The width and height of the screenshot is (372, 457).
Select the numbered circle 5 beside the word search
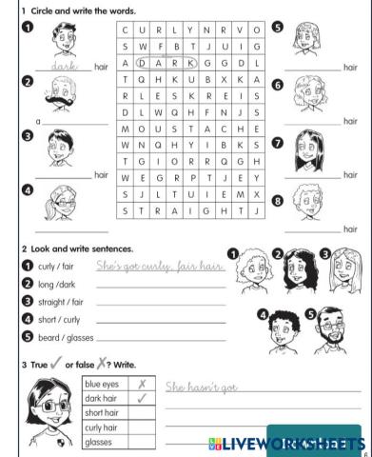[x=277, y=27]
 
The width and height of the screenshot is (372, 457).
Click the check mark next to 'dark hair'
[x=141, y=398]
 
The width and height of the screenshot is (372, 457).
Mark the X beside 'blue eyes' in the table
[x=141, y=384]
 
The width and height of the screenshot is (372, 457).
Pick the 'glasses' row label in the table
[x=100, y=443]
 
